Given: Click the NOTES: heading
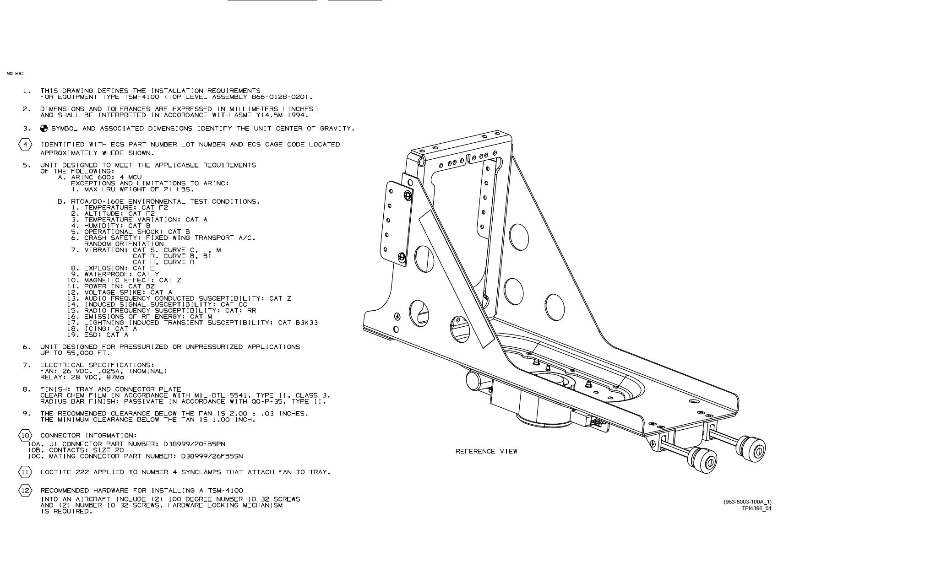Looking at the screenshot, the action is [15, 74].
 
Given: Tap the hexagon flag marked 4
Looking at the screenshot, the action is [25, 145].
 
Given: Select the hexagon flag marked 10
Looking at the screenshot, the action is [25, 436].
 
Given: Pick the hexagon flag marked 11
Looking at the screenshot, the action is [25, 472].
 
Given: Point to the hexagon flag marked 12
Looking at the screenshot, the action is [25, 491].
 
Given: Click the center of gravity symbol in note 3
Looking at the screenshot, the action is [44, 129].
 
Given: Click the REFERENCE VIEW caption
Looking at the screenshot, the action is [486, 452].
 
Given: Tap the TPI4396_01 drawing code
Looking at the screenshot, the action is [756, 508].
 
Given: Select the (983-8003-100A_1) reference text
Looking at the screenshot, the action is [747, 502].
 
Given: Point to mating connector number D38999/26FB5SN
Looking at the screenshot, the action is [212, 456].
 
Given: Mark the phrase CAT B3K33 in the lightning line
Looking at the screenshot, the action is [298, 323].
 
